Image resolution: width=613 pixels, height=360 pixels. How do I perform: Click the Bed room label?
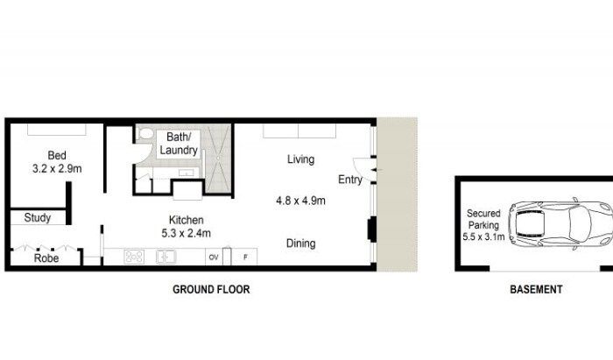(x=57, y=155)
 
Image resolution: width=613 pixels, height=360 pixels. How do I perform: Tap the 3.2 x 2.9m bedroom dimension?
(x=57, y=168)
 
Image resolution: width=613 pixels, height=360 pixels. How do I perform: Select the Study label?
(x=38, y=218)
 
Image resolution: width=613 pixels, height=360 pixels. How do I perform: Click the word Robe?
(x=46, y=258)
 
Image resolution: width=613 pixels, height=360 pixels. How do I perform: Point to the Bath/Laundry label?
(x=179, y=144)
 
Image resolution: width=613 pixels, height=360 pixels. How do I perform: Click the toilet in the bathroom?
(x=146, y=133)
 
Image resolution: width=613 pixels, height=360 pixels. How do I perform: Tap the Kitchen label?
(x=186, y=220)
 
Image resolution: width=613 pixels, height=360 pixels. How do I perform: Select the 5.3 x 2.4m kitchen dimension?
(x=186, y=233)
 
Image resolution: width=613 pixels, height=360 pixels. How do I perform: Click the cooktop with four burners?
(x=134, y=257)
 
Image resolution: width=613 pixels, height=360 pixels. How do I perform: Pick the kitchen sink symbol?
(x=166, y=257)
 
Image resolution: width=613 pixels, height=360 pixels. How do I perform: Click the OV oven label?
(x=214, y=258)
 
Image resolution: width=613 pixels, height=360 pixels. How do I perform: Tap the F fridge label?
(x=245, y=258)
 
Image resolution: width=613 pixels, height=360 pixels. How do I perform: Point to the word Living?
(x=300, y=159)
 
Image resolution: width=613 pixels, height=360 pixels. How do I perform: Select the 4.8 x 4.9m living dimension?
(x=300, y=201)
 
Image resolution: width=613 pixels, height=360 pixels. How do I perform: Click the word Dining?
(x=300, y=244)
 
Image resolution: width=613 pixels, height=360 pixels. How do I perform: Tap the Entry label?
(x=350, y=180)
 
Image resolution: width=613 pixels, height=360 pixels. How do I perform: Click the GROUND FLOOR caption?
(x=211, y=289)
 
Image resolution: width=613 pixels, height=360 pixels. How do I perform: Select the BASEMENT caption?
(x=536, y=289)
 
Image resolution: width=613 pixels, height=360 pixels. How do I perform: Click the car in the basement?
(x=560, y=223)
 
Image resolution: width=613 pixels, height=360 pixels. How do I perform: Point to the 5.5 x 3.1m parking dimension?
(x=483, y=236)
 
